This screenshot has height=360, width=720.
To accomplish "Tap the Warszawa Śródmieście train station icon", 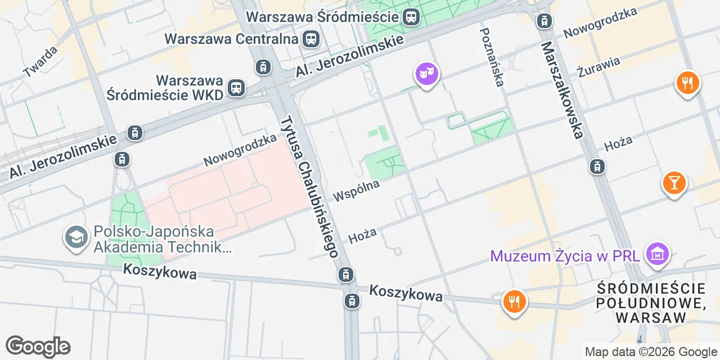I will point(411,17).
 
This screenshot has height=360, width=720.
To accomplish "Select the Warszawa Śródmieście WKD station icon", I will point(236,88).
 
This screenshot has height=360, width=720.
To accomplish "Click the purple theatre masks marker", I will point(427,73).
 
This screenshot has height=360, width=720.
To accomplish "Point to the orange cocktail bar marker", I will point(674,182).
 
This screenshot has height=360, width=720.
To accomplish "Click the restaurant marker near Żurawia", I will point(687,83).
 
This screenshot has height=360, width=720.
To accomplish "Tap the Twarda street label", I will point(40,61).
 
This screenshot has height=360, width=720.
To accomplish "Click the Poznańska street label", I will point(491,57).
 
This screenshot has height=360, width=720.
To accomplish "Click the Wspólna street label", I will point(356,190).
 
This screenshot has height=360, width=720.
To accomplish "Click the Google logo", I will point(38,346).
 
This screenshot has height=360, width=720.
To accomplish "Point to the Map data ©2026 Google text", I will point(651,352).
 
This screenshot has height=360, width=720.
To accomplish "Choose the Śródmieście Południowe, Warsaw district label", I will point(652,303).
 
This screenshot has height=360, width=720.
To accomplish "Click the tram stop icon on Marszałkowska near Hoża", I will point(597,166).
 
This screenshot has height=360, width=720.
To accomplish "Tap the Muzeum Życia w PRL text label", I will point(565,256).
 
